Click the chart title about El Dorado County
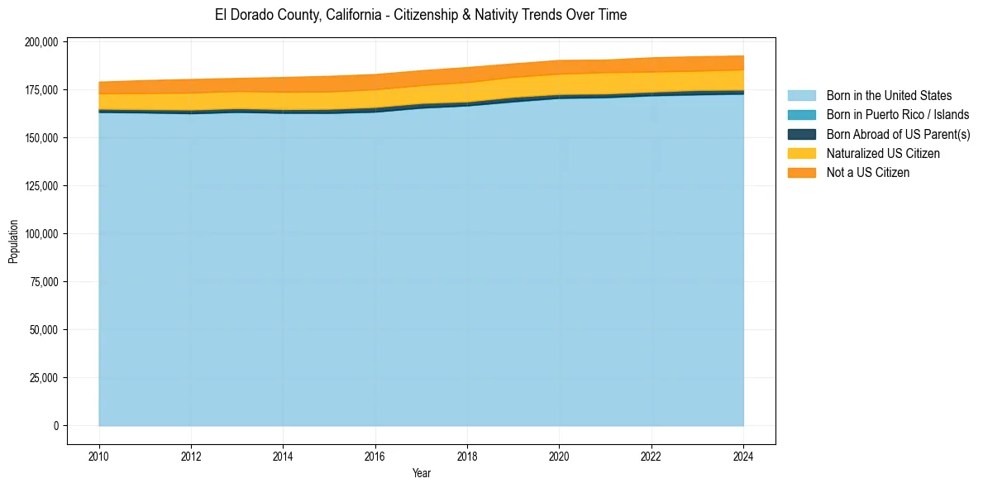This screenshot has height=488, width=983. tap(421, 15)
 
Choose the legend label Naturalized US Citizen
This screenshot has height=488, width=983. tap(883, 154)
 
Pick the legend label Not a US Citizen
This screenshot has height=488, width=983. tap(867, 173)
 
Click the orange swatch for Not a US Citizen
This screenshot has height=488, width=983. tap(801, 173)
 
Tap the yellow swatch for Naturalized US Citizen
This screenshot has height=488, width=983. tap(801, 154)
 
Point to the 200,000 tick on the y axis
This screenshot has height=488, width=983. tap(41, 42)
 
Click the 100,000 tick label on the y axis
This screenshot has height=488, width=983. tap(41, 234)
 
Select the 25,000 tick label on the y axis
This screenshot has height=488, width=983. tap(43, 378)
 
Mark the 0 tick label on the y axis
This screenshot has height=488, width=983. tap(55, 426)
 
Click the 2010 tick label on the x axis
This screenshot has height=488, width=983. tap(98, 456)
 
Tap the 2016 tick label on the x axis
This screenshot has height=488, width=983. tap(375, 456)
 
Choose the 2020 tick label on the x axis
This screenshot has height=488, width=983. tap(560, 456)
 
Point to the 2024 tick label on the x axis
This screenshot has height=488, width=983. tap(744, 456)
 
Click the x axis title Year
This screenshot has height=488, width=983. tap(421, 474)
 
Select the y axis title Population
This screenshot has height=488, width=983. tap(13, 242)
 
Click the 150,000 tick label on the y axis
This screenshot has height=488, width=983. tap(41, 138)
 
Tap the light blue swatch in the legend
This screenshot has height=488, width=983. tap(801, 96)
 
